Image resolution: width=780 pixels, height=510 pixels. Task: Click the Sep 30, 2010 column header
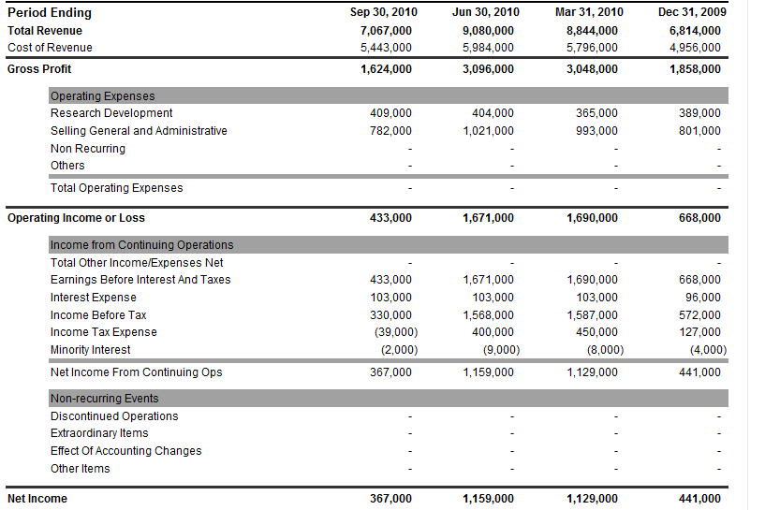383,12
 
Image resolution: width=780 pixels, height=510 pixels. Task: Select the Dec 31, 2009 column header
691,12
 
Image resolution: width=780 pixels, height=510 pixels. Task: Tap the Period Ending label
50,13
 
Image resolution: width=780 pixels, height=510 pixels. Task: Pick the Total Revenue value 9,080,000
488,30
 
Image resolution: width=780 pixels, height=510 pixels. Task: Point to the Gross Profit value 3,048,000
592,68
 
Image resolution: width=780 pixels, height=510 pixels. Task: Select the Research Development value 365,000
596,113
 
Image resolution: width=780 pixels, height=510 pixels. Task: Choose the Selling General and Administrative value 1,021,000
488,131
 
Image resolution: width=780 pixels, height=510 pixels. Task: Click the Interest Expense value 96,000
699,298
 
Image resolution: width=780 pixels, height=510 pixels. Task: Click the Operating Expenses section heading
103,96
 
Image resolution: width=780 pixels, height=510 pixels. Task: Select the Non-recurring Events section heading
105,399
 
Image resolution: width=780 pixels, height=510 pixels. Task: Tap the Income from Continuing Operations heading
142,245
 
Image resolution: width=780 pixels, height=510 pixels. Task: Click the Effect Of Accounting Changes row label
126,451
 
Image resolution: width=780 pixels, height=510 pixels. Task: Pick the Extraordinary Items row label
99,433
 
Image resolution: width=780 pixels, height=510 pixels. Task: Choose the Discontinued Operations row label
114,416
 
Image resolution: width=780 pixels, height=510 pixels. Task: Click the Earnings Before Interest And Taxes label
140,280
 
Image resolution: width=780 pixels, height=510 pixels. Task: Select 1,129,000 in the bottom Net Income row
592,499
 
